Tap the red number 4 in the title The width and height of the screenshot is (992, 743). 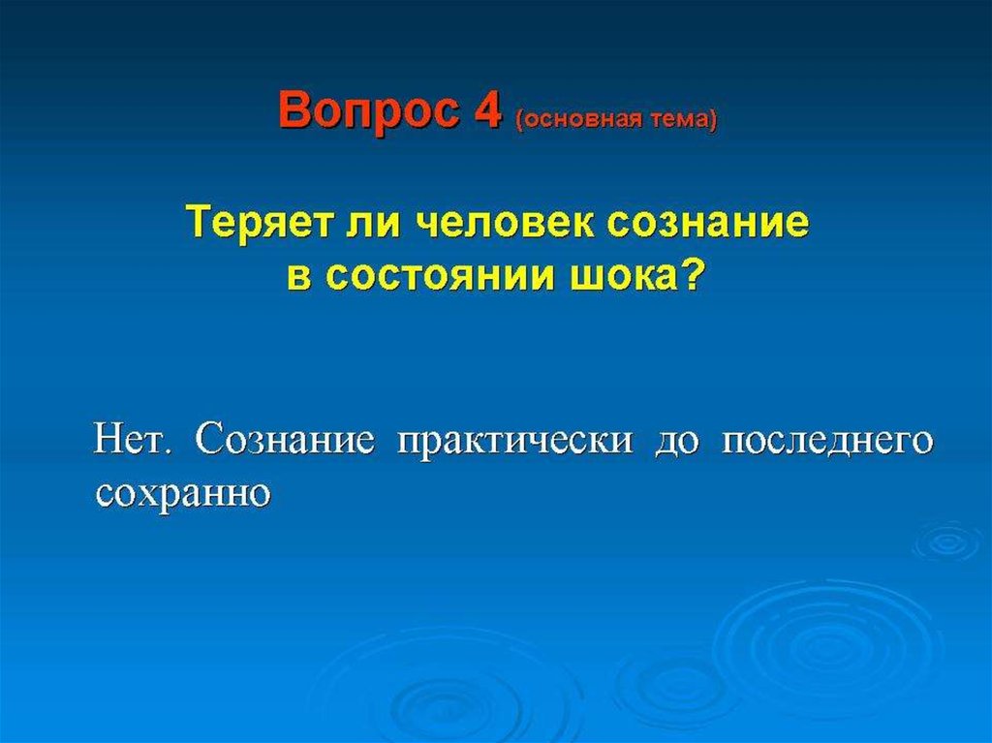(487, 110)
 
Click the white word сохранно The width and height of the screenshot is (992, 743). (183, 495)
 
